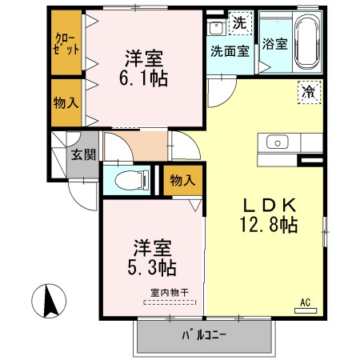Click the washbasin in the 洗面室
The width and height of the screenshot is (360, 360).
[216, 29]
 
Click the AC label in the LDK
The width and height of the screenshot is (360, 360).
[305, 302]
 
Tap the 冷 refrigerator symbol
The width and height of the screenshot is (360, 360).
[306, 91]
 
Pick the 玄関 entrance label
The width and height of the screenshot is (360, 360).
[78, 154]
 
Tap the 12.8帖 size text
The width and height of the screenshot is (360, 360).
[267, 224]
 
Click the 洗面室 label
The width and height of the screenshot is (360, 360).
[230, 50]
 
